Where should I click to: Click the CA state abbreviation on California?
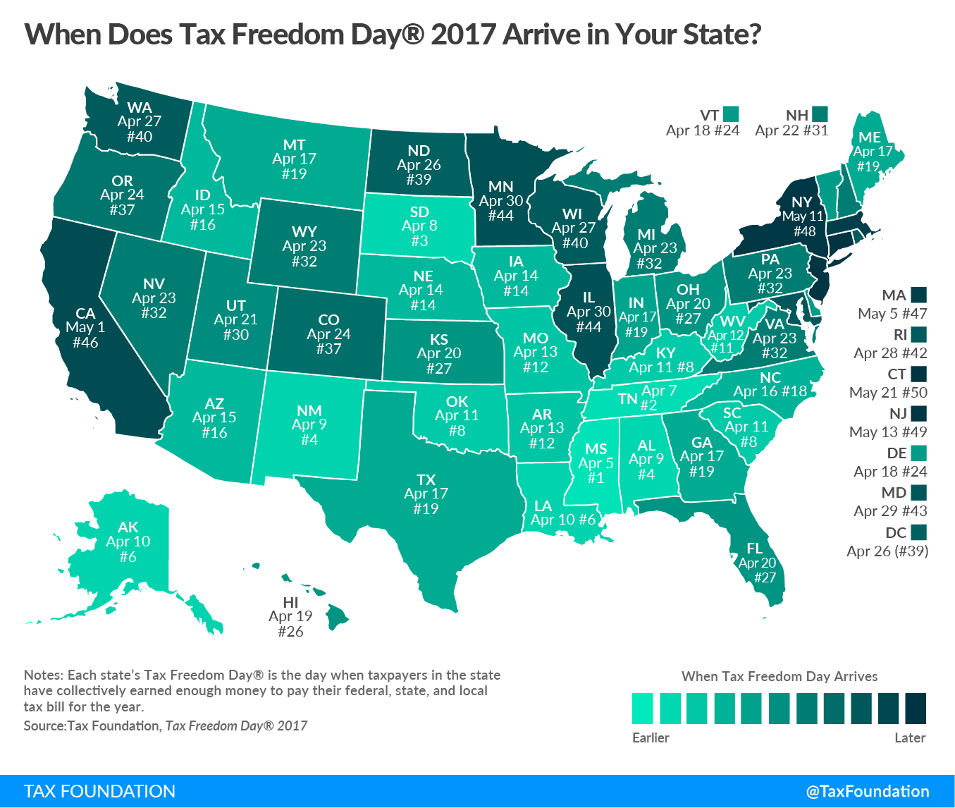[x=85, y=313]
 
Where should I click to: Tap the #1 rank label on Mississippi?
[x=596, y=478]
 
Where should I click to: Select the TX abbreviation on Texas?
[x=426, y=479]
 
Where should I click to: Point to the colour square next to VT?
[x=730, y=114]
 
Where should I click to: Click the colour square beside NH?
[x=819, y=114]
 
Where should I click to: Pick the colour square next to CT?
[x=918, y=374]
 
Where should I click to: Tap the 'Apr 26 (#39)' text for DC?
[x=887, y=551]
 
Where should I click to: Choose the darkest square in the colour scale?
[x=915, y=708]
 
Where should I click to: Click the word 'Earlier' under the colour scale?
[x=651, y=737]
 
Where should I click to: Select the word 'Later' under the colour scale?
[x=909, y=737]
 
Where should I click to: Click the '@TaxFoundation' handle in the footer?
[x=868, y=791]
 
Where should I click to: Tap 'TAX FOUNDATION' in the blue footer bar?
[x=99, y=791]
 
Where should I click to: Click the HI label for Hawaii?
[x=290, y=602]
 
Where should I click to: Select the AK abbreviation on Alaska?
[x=128, y=527]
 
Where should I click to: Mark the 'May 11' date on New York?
[x=803, y=216]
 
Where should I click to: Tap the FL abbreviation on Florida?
[x=754, y=548]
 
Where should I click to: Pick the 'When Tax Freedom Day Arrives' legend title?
[x=780, y=676]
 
